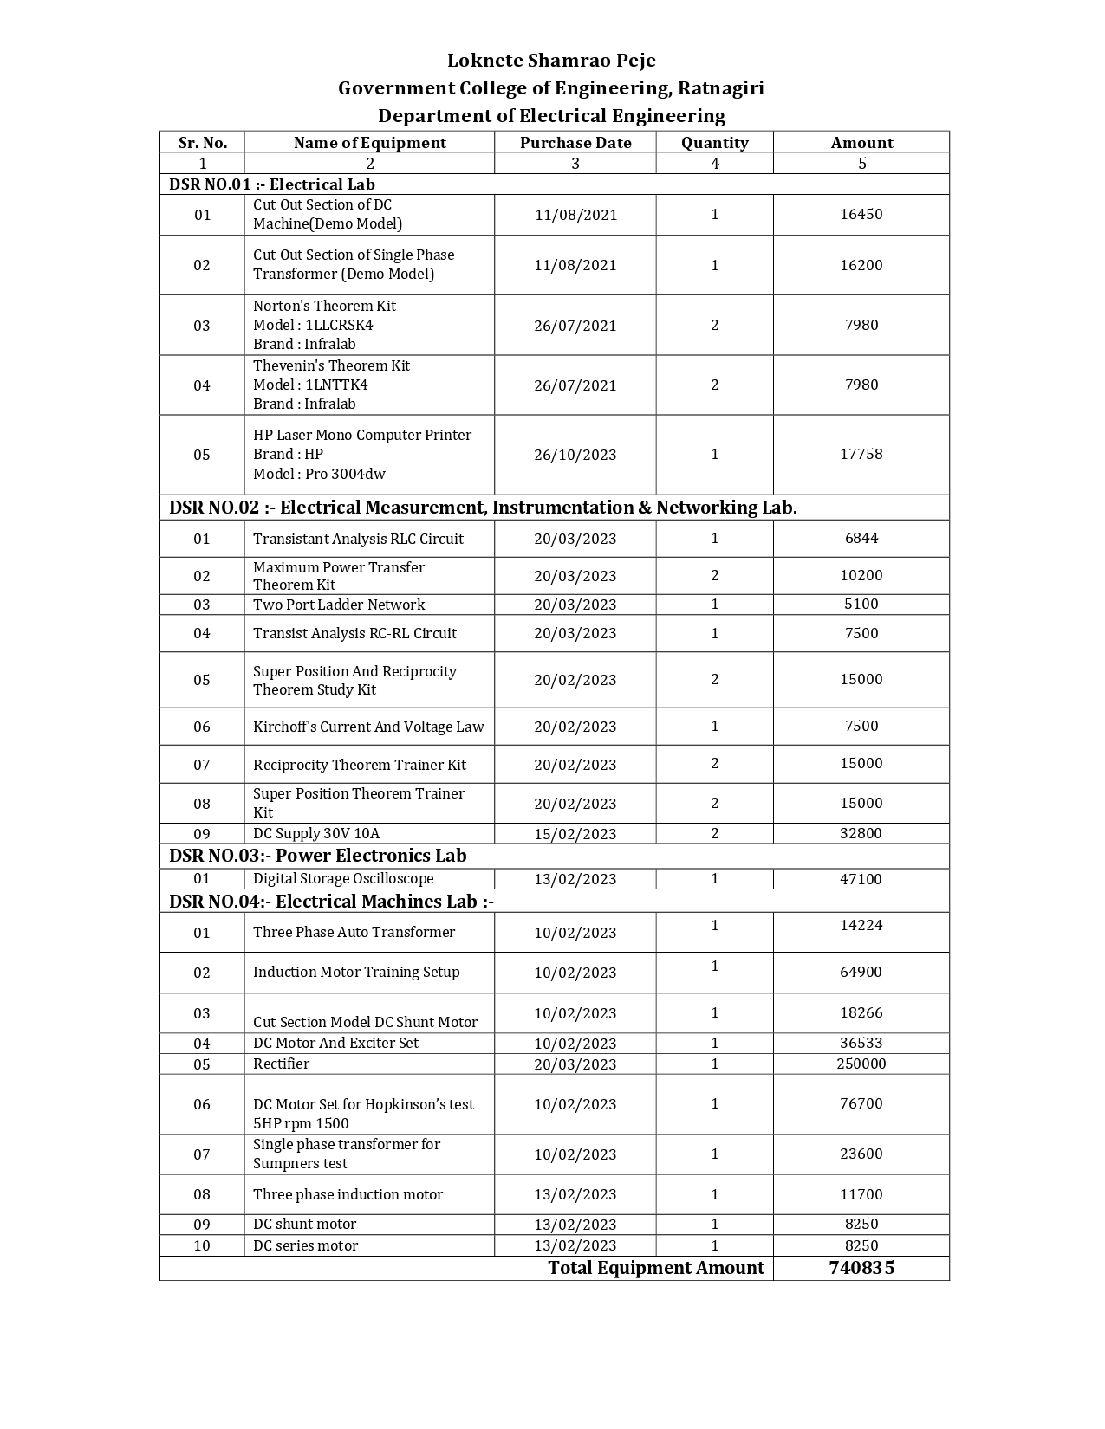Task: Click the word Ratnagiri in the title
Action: [720, 88]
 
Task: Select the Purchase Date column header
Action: [575, 143]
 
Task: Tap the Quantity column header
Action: [714, 143]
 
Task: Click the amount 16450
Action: [861, 214]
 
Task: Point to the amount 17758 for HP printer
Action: [861, 454]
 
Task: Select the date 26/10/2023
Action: [575, 455]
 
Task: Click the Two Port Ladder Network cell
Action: [339, 605]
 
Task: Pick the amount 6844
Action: [861, 538]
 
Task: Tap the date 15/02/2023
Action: [575, 834]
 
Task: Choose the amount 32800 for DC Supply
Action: [861, 833]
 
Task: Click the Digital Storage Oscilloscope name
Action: [343, 878]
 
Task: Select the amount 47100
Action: [861, 879]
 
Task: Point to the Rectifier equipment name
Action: [281, 1064]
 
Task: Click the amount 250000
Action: [861, 1064]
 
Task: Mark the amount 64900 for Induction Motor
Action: [861, 972]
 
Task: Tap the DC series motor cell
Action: [305, 1245]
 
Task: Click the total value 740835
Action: [861, 1268]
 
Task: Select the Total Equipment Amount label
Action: [656, 1268]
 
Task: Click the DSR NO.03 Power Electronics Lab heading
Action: [318, 856]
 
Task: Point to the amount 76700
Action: [861, 1103]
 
